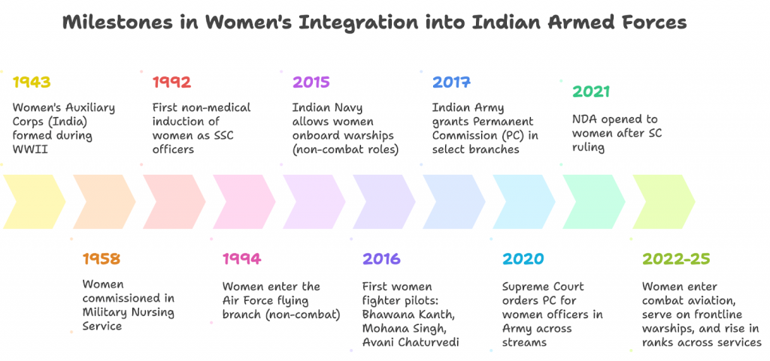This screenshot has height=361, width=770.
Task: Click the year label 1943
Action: click(x=32, y=81)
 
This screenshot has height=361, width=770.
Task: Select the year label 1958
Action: click(x=101, y=259)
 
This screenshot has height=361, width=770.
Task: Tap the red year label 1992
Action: click(x=171, y=81)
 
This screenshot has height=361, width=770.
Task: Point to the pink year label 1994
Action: click(x=241, y=259)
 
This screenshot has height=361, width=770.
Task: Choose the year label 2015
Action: click(x=311, y=81)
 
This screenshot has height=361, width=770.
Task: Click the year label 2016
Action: click(x=381, y=259)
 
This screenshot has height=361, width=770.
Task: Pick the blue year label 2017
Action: click(x=451, y=81)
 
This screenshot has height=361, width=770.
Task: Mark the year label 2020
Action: click(x=523, y=259)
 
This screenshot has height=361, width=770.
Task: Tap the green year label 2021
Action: click(x=591, y=91)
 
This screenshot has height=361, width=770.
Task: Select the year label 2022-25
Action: click(x=676, y=259)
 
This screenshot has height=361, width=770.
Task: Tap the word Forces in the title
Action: click(x=652, y=23)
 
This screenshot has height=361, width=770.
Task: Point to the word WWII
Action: click(x=28, y=149)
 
